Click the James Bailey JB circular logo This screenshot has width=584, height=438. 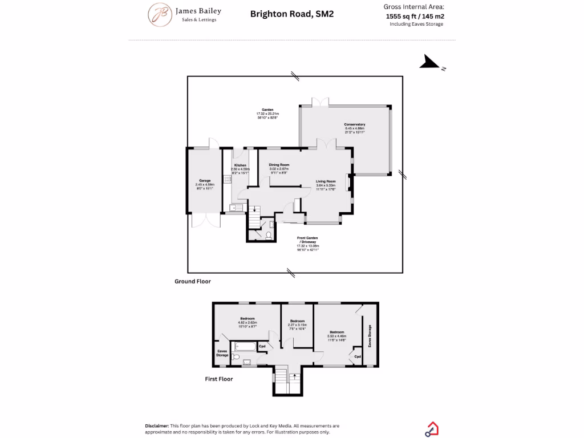tap(160, 15)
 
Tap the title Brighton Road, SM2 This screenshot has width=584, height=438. tap(292, 14)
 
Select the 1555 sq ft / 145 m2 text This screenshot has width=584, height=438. tap(415, 17)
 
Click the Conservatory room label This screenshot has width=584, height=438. tap(354, 124)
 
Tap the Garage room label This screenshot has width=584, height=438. tap(205, 181)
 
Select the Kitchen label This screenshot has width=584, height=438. tap(240, 165)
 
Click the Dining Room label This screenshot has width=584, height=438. tap(279, 165)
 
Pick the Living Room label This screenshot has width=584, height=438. tap(326, 181)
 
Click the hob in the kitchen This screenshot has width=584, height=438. tap(227, 179)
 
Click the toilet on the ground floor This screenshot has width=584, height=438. tap(268, 234)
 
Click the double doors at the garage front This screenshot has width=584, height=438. tap(205, 221)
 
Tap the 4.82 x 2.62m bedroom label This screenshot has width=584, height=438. tap(247, 318)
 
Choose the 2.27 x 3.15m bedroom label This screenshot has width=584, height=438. tap(297, 321)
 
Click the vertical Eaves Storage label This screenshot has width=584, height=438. tap(370, 336)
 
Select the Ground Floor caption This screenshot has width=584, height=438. tap(193, 281)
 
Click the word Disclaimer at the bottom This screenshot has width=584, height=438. tap(157, 425)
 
